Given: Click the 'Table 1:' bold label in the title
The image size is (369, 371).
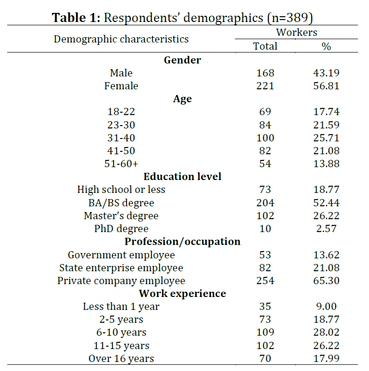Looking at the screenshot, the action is pyautogui.click(x=76, y=18).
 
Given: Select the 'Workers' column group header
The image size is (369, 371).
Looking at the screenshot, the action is pyautogui.click(x=296, y=32).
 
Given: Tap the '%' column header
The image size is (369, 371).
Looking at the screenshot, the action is pyautogui.click(x=326, y=46).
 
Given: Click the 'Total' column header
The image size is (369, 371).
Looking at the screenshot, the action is pyautogui.click(x=265, y=46).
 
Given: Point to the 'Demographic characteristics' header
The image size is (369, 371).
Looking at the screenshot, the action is pyautogui.click(x=121, y=39).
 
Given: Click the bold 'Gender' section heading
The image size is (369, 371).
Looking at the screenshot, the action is pyautogui.click(x=182, y=60).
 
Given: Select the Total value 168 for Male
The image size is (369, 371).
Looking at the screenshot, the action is pyautogui.click(x=265, y=73).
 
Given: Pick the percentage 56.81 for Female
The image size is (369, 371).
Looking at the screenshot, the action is pyautogui.click(x=326, y=86).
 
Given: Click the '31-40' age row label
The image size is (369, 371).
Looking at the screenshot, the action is pyautogui.click(x=121, y=138).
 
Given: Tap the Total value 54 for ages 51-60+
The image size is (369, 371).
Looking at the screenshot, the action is pyautogui.click(x=265, y=164).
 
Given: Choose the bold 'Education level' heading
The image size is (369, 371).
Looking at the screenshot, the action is pyautogui.click(x=182, y=177).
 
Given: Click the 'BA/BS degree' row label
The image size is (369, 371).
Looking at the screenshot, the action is pyautogui.click(x=121, y=203).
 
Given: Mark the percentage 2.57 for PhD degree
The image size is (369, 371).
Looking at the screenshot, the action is pyautogui.click(x=326, y=229).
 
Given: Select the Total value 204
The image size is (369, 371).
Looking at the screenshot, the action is pyautogui.click(x=265, y=203).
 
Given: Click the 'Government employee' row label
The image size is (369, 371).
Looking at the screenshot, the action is pyautogui.click(x=121, y=255).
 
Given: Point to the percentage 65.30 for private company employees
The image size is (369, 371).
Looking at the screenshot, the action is pyautogui.click(x=326, y=281).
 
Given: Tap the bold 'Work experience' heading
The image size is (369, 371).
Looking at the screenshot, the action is pyautogui.click(x=182, y=294).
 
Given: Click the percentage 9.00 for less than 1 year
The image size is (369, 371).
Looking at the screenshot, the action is pyautogui.click(x=326, y=307).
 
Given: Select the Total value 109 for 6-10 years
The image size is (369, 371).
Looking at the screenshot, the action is pyautogui.click(x=265, y=332).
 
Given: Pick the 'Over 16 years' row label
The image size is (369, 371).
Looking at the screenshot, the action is pyautogui.click(x=121, y=359).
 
